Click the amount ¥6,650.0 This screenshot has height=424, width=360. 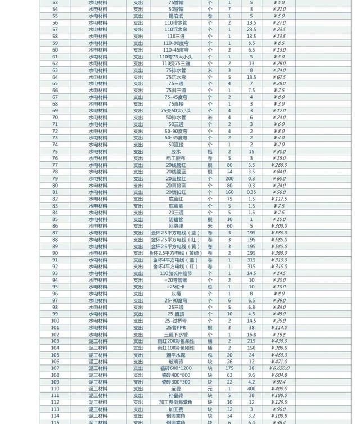280,368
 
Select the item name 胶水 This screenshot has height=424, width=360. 176,151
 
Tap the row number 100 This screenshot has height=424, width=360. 55,321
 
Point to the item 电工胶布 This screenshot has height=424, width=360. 176,158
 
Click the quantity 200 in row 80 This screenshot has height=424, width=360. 229,178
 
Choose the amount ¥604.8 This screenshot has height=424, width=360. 280,375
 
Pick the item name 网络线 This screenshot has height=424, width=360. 176,226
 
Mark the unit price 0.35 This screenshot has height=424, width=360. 251,192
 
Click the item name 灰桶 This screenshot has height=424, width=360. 176,294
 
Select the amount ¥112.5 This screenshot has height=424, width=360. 280,199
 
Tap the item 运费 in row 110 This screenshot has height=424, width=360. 176,389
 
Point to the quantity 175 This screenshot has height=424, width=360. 229,368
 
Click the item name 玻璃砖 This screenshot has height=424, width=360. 176,362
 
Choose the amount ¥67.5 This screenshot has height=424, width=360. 280,77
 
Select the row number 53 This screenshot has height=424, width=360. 55,3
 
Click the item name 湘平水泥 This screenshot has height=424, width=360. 176,355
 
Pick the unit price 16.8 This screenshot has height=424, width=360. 251,335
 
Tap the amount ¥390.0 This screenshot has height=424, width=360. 280,253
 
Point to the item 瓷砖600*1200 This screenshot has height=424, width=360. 176,368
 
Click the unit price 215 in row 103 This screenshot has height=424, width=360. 251,341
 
